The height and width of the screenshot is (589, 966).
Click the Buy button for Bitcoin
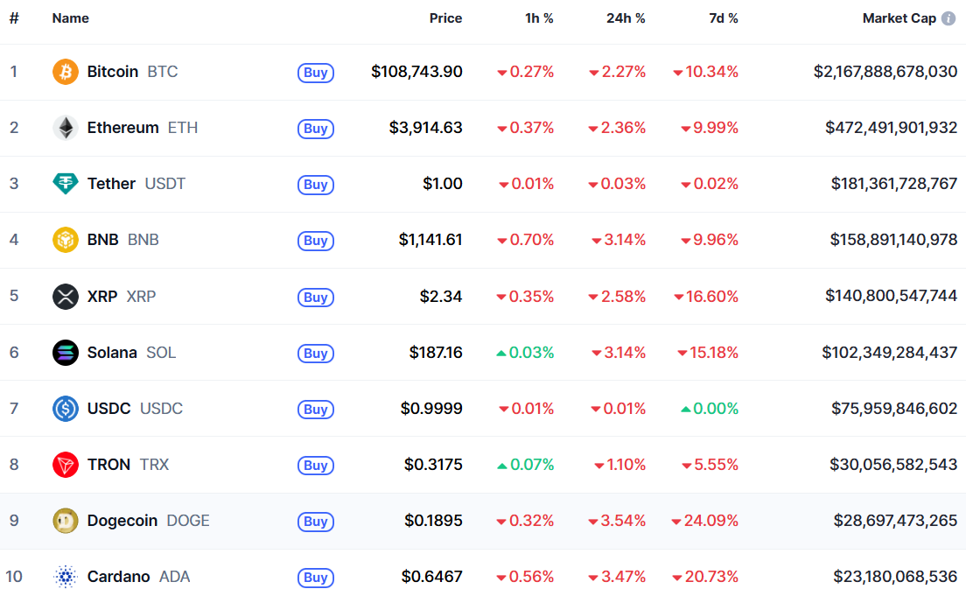pos(315,73)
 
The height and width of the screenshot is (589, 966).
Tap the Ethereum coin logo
pos(66,128)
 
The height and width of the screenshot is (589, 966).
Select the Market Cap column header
pos(899,18)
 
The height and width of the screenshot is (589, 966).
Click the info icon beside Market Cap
pos(948,18)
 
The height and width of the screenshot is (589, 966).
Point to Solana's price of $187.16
pos(436,353)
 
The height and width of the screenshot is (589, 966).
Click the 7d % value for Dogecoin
pos(705,521)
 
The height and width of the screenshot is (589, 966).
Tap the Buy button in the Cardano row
pos(315,578)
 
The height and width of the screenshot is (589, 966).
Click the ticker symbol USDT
pos(165,184)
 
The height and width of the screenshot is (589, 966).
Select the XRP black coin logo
pos(66,297)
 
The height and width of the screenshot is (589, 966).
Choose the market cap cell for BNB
pos(893,240)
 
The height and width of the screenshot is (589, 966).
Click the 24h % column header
pos(626,18)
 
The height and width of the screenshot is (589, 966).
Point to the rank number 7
pos(14,409)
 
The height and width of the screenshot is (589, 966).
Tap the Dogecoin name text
pos(122,521)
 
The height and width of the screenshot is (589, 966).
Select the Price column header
pos(445,18)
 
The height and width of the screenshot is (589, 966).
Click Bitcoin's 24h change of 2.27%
pos(618,72)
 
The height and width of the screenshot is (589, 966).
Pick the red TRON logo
pos(66,465)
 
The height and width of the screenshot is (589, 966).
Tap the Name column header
pos(71,18)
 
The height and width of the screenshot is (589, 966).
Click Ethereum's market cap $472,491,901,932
pos(891,128)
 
